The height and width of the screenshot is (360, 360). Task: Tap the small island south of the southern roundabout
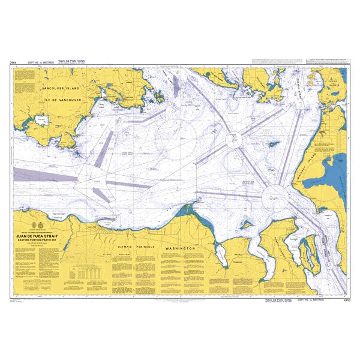[x=246, y=224]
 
